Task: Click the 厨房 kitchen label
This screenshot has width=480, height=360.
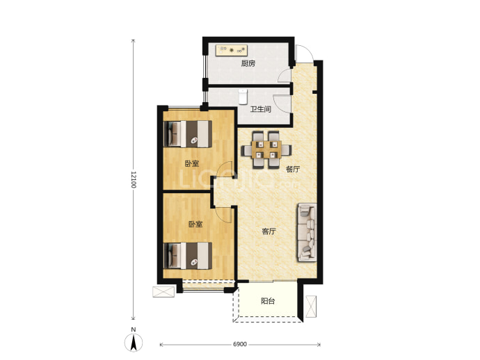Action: [x=248, y=64]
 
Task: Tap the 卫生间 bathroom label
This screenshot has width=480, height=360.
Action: [x=260, y=109]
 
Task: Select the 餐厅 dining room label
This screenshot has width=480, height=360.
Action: [x=293, y=169]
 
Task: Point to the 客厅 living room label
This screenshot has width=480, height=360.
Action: [x=269, y=231]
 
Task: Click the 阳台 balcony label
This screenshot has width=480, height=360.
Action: [x=268, y=301]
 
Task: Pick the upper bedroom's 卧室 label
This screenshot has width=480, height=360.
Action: [x=191, y=163]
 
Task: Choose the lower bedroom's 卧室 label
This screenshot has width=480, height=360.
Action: [x=195, y=224]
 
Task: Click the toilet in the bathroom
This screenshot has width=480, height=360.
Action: [x=243, y=97]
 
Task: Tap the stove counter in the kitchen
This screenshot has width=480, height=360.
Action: [x=231, y=51]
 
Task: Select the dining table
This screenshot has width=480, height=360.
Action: [x=266, y=150]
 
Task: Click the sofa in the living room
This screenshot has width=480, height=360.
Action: [x=306, y=232]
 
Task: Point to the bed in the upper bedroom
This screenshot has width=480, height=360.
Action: [x=188, y=134]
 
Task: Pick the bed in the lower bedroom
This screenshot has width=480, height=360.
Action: [x=188, y=256]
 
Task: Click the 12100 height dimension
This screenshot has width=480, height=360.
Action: [x=134, y=180]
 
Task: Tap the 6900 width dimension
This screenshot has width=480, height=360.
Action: [x=240, y=345]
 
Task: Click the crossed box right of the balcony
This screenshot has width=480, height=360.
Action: [x=311, y=306]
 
